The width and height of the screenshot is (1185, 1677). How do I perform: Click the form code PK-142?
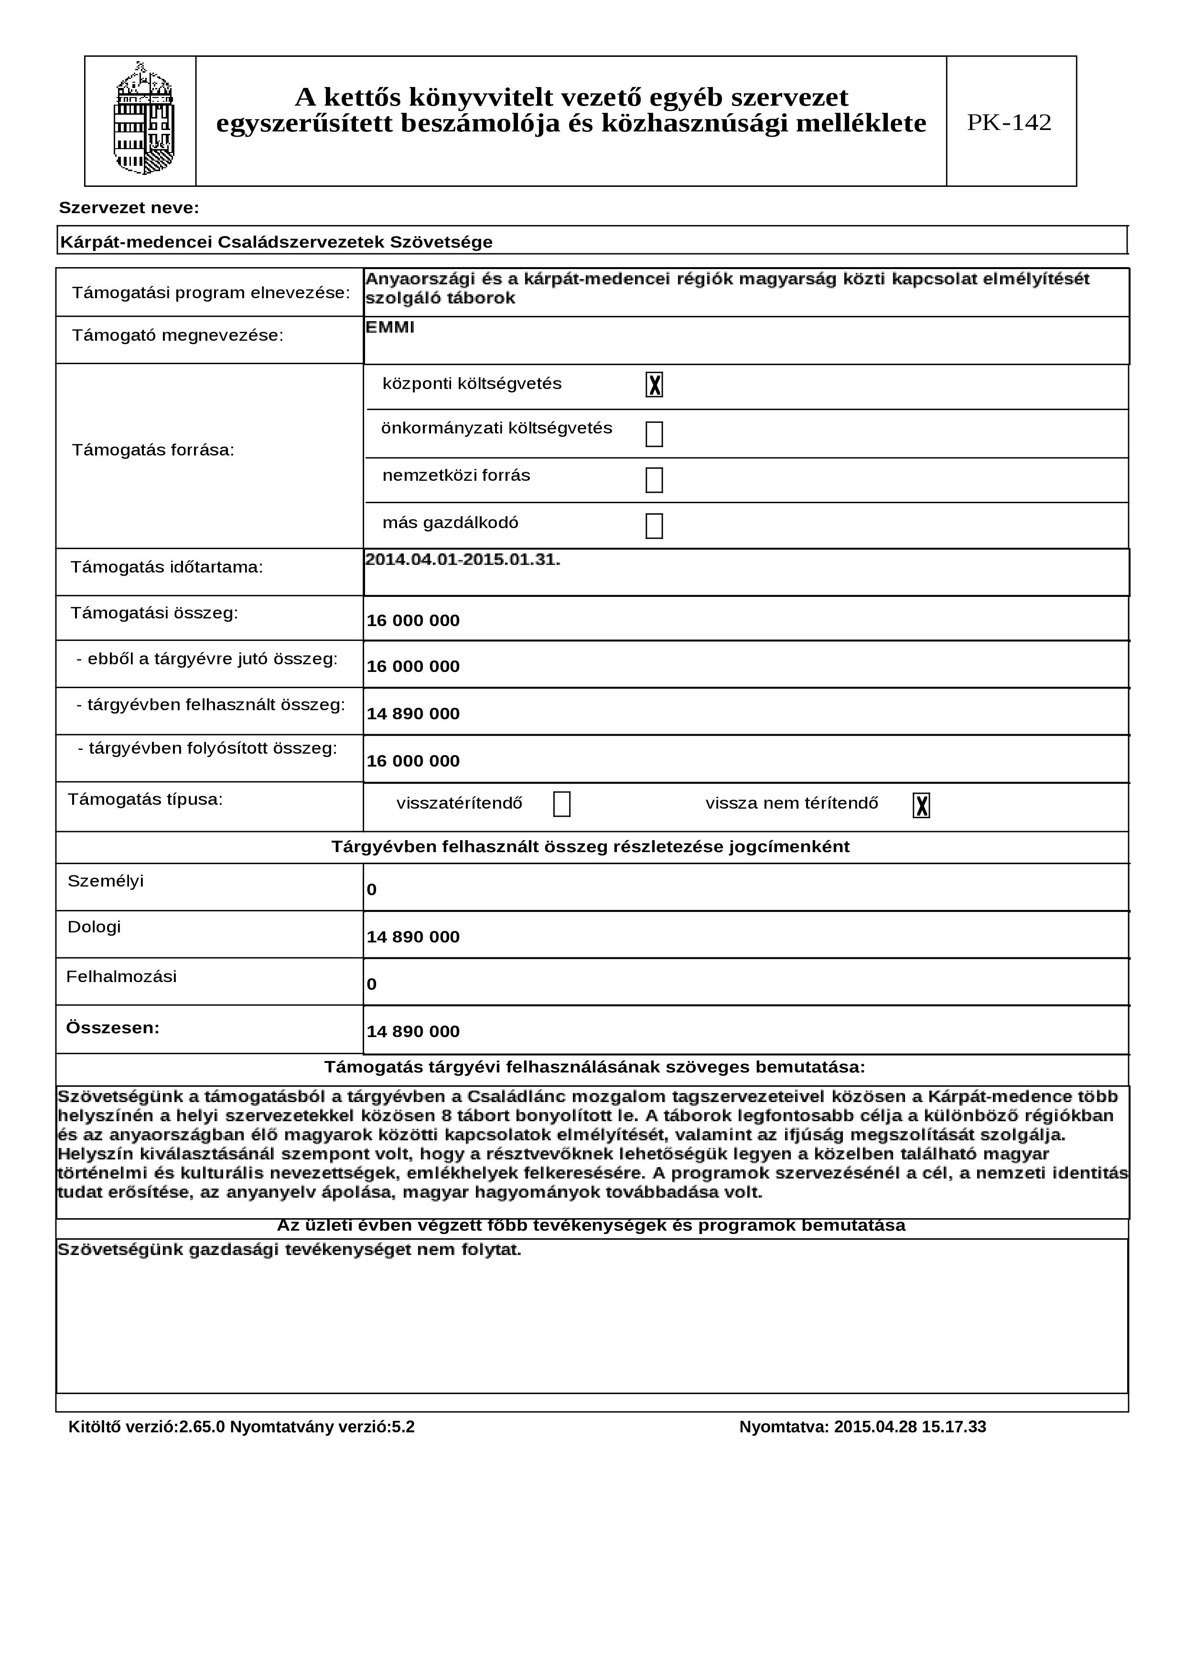(1009, 122)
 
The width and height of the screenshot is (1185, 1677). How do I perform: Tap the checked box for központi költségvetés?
(654, 384)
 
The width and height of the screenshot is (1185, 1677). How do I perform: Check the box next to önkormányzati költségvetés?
(654, 434)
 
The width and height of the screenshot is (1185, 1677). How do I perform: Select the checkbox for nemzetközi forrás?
(654, 480)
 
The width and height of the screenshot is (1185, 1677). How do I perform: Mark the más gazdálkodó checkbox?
(654, 526)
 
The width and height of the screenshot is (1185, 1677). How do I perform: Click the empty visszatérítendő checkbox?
(561, 804)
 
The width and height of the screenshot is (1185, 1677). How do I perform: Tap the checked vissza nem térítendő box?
(921, 805)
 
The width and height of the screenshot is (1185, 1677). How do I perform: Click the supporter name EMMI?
(390, 327)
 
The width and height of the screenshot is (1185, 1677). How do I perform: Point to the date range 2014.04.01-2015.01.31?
(463, 560)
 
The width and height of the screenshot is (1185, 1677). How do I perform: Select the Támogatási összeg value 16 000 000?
(413, 620)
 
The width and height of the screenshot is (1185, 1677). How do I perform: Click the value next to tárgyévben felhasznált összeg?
(413, 714)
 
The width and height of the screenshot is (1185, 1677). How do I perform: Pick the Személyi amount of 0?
(372, 889)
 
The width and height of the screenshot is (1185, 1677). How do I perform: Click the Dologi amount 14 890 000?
(413, 937)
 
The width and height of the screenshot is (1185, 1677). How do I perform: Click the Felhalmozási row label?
(121, 976)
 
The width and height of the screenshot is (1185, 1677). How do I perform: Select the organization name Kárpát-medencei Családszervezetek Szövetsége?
(276, 242)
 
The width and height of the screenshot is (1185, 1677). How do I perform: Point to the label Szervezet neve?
(129, 208)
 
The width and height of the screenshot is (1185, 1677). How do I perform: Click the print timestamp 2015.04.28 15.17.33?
(910, 1427)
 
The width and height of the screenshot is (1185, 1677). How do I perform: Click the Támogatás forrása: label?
(153, 450)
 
